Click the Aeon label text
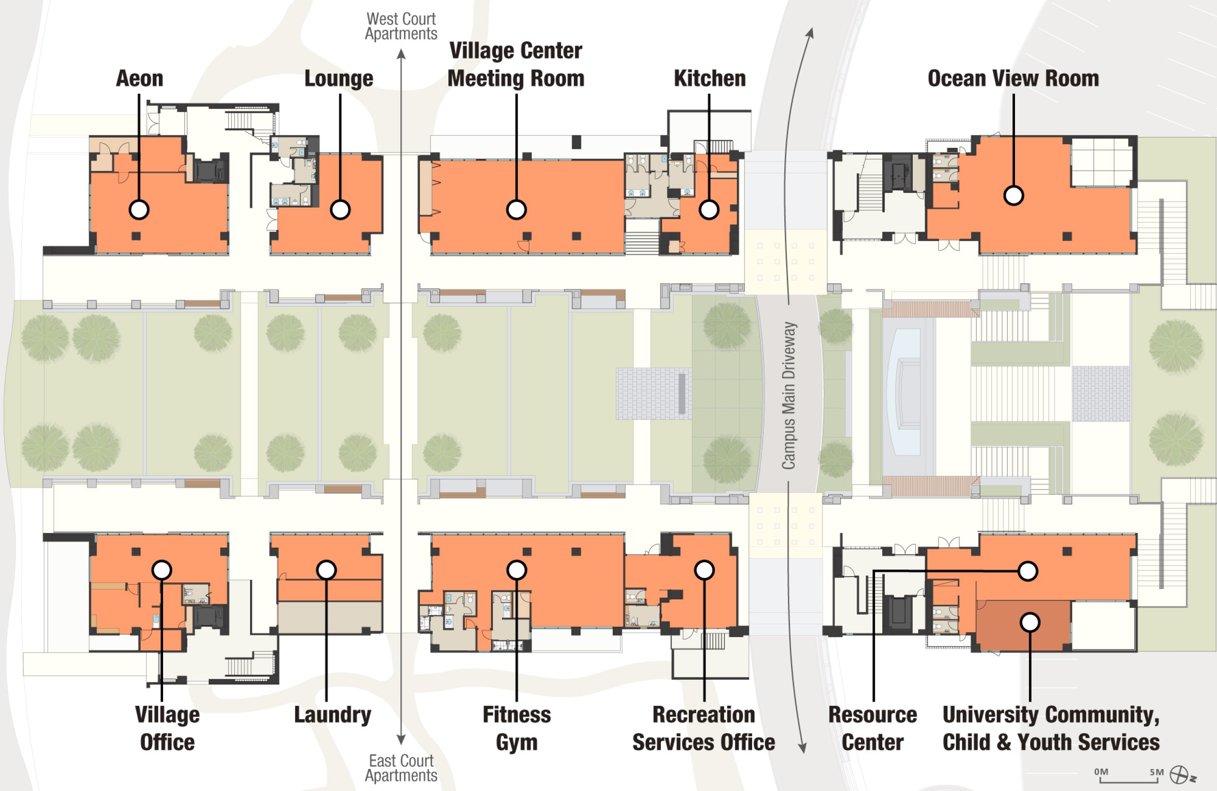139,78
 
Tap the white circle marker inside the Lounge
340,209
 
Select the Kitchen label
709,78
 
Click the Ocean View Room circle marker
1014,195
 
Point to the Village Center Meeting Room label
515,65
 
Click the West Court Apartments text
401,26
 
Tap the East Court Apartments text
401,768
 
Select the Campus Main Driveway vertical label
789,395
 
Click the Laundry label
332,714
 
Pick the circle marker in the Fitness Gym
516,569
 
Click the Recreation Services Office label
704,728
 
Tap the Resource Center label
872,728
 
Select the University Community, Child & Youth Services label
1051,728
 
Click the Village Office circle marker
162,569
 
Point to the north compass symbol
1179,775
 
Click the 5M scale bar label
1157,772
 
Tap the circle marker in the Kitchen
709,209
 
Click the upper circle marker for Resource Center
1028,570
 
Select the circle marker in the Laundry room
326,569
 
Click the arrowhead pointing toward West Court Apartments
401,54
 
